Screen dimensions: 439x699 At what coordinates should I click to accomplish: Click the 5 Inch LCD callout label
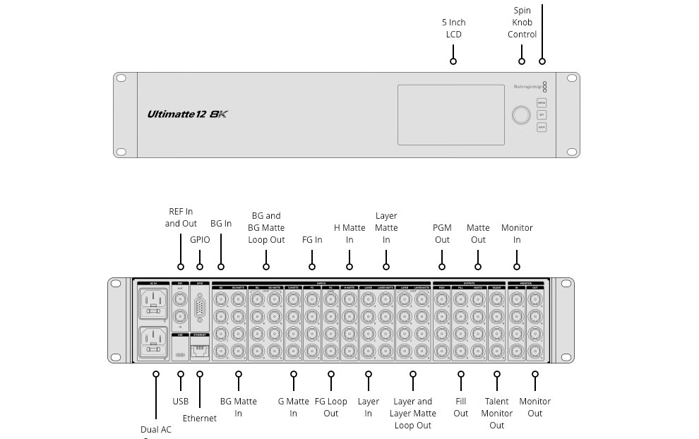coord(453,28)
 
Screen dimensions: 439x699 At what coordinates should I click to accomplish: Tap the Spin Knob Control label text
coord(522,23)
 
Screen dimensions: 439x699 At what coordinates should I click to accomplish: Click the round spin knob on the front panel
coord(520,115)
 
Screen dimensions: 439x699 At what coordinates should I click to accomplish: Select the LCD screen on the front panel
coord(450,114)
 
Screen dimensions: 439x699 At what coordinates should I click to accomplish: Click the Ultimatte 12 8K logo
coord(187,114)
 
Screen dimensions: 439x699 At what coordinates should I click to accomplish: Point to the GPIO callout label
coord(200,240)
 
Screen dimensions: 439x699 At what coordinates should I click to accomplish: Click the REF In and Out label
coord(181,217)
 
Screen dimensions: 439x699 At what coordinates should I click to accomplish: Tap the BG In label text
coord(221,224)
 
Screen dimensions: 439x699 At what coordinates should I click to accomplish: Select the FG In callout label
coord(312,240)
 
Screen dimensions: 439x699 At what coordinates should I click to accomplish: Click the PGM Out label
coord(442,234)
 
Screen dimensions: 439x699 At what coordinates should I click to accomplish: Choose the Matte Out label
coord(478,234)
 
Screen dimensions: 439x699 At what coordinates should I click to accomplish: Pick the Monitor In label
coord(517,234)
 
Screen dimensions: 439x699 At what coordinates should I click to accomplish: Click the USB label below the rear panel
coord(181,402)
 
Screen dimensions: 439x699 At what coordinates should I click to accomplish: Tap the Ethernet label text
coord(200,419)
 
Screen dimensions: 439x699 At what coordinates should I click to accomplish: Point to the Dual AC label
coord(155,430)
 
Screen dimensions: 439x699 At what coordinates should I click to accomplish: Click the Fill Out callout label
coord(461,407)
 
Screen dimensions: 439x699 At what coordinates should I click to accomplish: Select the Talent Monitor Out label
coord(497,413)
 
